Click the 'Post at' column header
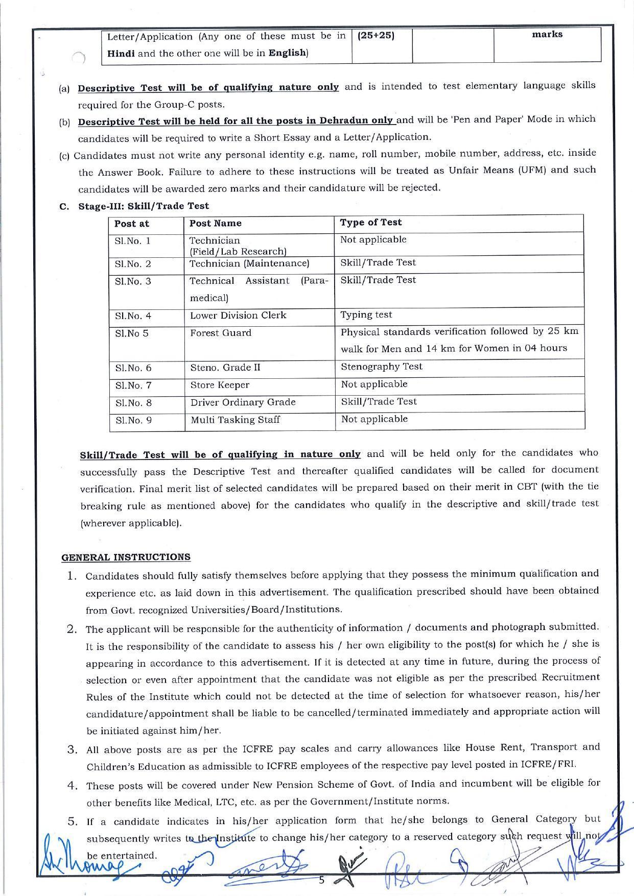[132, 224]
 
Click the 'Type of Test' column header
[371, 223]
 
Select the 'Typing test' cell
[366, 315]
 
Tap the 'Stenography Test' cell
[382, 367]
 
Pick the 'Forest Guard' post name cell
[221, 333]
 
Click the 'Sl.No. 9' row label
[133, 420]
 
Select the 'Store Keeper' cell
[220, 385]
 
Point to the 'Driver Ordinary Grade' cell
[243, 402]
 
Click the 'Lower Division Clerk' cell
[238, 316]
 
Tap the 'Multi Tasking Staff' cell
[235, 420]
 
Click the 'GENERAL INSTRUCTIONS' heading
[126, 557]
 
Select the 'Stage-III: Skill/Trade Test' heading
[143, 206]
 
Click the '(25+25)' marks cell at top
[376, 36]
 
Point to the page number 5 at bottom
[321, 880]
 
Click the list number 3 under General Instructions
[72, 750]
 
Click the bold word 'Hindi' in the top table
[121, 54]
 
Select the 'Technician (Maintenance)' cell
[249, 263]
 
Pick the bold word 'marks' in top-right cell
[547, 34]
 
